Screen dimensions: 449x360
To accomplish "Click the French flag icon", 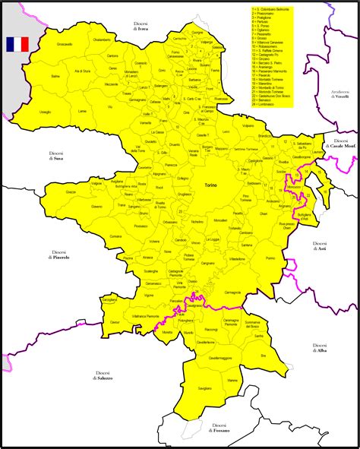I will [x=17, y=44].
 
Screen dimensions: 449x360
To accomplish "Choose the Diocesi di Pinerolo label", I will [x=60, y=255].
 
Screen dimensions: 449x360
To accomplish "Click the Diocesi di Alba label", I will [x=320, y=347].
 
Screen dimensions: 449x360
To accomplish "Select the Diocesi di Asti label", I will [x=320, y=245].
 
